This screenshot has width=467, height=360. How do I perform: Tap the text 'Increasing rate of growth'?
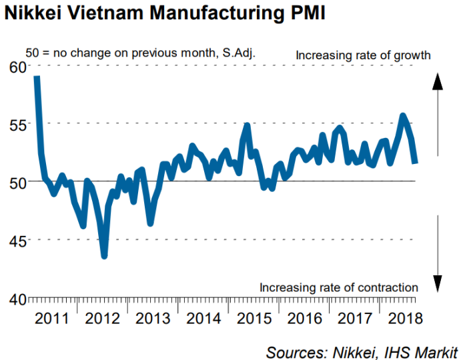(364, 55)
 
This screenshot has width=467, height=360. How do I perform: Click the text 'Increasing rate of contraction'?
(339, 288)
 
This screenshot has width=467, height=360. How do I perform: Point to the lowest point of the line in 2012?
(105, 255)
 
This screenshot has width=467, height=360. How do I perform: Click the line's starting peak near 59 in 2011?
(37, 78)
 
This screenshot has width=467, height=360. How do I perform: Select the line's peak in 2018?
(403, 116)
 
